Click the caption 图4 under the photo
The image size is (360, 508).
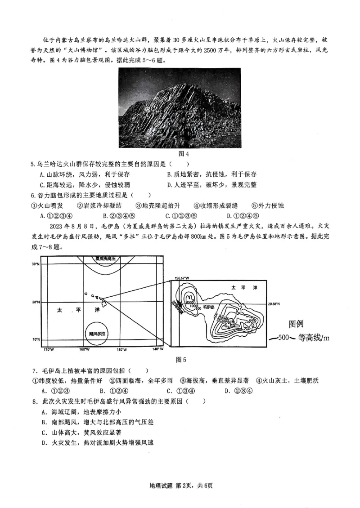180,153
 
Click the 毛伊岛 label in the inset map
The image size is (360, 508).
208,307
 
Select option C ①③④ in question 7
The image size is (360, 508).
181,390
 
